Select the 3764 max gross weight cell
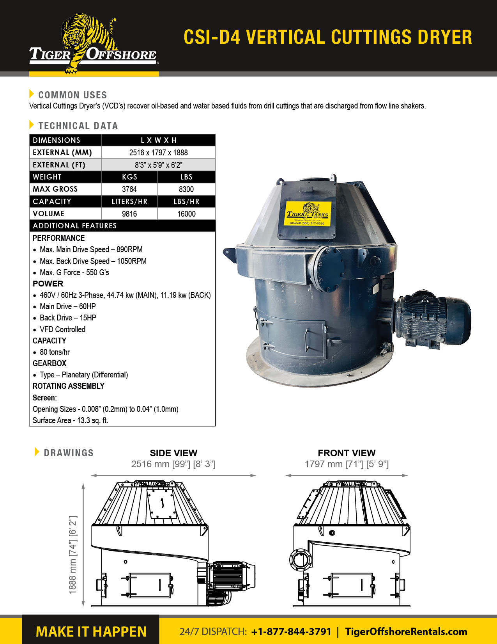pyautogui.click(x=129, y=189)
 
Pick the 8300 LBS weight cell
pyautogui.click(x=186, y=189)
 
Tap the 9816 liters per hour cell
pyautogui.click(x=129, y=214)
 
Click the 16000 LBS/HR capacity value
pyautogui.click(x=186, y=214)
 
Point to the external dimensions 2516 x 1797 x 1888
pyautogui.click(x=158, y=153)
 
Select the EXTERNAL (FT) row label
pyautogui.click(x=59, y=165)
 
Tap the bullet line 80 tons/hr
pyautogui.click(x=55, y=352)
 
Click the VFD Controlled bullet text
pyautogui.click(x=62, y=329)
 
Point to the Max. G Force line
pyautogui.click(x=74, y=272)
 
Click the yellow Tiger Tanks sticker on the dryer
pyautogui.click(x=308, y=214)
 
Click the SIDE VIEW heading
pyautogui.click(x=173, y=453)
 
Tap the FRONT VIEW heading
pyautogui.click(x=347, y=453)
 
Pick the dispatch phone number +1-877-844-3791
pyautogui.click(x=291, y=632)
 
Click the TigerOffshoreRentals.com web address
pyautogui.click(x=406, y=632)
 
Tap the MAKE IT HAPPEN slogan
pyautogui.click(x=91, y=632)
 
